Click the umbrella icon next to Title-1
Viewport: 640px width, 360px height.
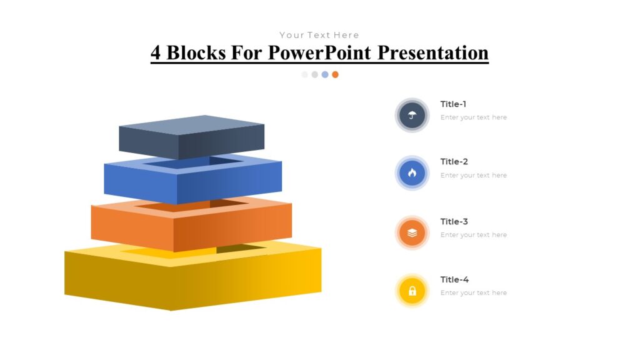[412, 115]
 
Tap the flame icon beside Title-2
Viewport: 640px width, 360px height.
[412, 173]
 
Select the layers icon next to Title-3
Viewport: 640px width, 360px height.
[412, 232]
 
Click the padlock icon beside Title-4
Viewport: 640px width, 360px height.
[412, 291]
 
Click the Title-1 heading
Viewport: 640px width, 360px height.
[453, 104]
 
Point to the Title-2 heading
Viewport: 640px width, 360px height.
[454, 162]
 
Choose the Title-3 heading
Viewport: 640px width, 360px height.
[454, 221]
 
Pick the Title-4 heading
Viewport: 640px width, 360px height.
[454, 279]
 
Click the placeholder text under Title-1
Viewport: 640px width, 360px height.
[473, 117]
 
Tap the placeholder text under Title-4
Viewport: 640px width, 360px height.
[473, 293]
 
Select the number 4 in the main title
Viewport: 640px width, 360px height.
[156, 52]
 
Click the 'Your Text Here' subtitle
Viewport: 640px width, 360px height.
[319, 35]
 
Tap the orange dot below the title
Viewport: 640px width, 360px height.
[335, 74]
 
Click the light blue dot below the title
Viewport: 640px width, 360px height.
[325, 74]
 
